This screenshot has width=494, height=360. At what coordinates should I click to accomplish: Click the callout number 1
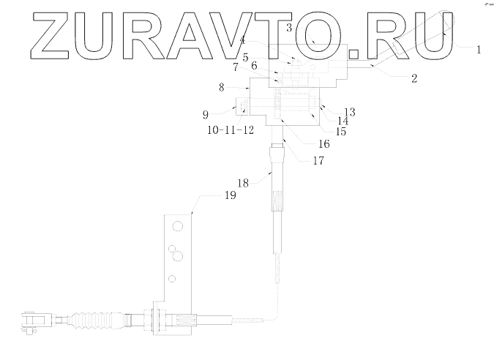(478, 50)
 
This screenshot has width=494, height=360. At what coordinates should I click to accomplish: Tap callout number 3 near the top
(290, 28)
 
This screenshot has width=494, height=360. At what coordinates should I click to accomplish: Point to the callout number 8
(221, 87)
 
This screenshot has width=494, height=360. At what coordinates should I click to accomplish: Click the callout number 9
(206, 114)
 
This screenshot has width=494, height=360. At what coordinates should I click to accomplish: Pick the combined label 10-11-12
(230, 130)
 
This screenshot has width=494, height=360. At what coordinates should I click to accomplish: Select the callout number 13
(349, 112)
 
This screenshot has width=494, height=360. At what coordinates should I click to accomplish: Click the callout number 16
(324, 144)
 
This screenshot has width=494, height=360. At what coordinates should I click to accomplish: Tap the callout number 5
(246, 57)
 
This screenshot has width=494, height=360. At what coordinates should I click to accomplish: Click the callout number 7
(235, 67)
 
